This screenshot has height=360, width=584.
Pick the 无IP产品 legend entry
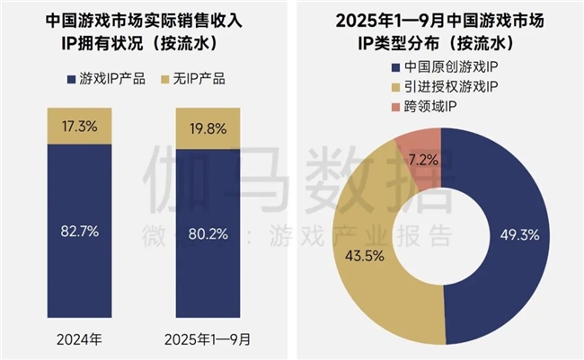click(x=194, y=79)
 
